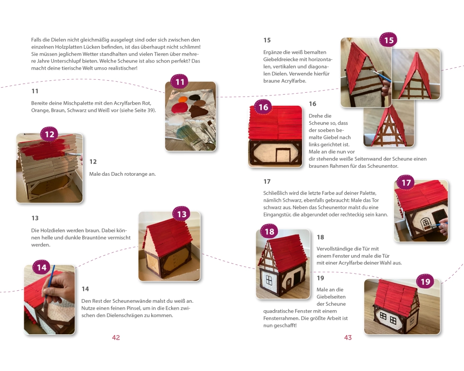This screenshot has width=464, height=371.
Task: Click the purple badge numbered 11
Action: pos(180,82)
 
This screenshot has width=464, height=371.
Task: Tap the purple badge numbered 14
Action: pos(41,268)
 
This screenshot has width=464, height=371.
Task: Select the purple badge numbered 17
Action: pos(406,183)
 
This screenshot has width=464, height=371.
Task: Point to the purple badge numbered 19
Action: pos(425,281)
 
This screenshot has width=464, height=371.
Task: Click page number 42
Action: pos(116,338)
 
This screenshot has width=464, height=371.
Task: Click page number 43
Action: pos(348,338)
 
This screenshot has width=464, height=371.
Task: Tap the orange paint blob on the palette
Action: pos(182,99)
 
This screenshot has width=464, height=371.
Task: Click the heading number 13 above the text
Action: pos(35,218)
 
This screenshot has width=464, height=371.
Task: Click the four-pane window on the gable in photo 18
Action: pos(269,280)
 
